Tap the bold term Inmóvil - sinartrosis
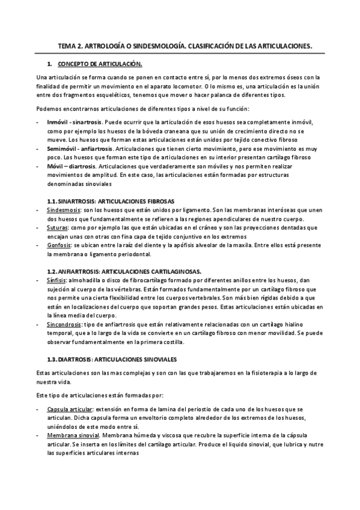[x=73, y=121]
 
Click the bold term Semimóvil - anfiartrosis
[x=78, y=147]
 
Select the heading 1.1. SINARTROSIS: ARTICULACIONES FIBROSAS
[x=111, y=200]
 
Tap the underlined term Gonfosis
[x=58, y=245]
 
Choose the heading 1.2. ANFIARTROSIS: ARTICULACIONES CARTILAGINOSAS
[x=124, y=271]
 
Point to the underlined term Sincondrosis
[x=64, y=324]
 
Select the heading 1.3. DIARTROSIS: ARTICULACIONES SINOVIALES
[x=111, y=359]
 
